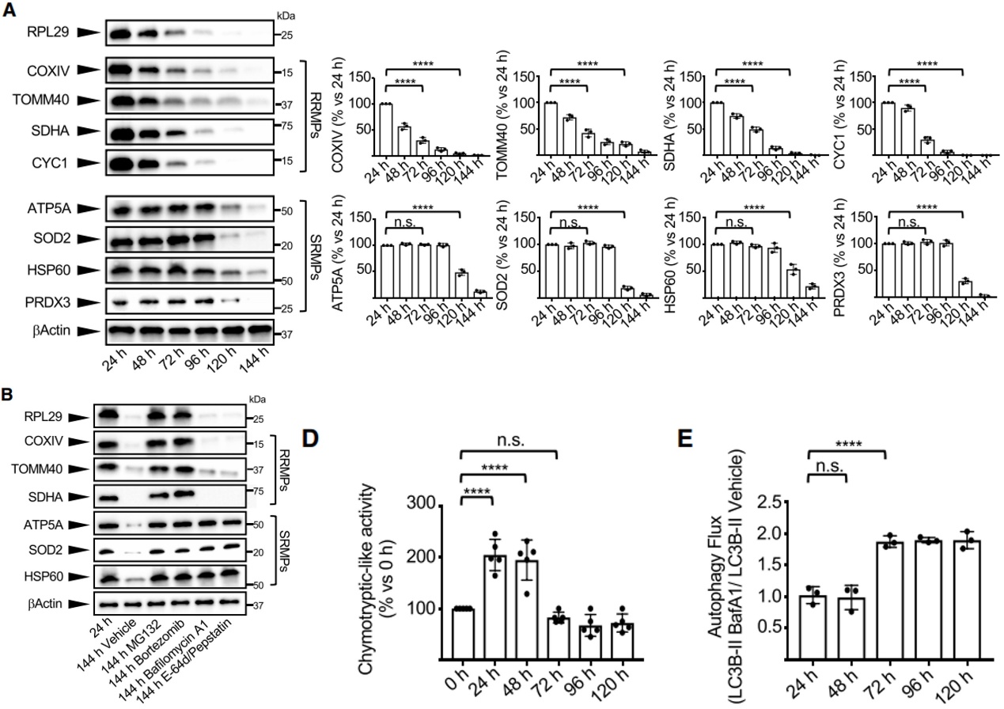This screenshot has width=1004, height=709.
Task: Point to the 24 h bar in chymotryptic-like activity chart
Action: [x=494, y=607]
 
